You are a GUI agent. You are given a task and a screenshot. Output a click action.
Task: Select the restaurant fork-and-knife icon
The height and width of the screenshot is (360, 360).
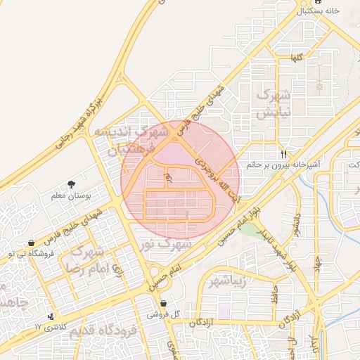[284, 153]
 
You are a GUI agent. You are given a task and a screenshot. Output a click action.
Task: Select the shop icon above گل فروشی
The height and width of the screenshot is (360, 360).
[163, 303]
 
